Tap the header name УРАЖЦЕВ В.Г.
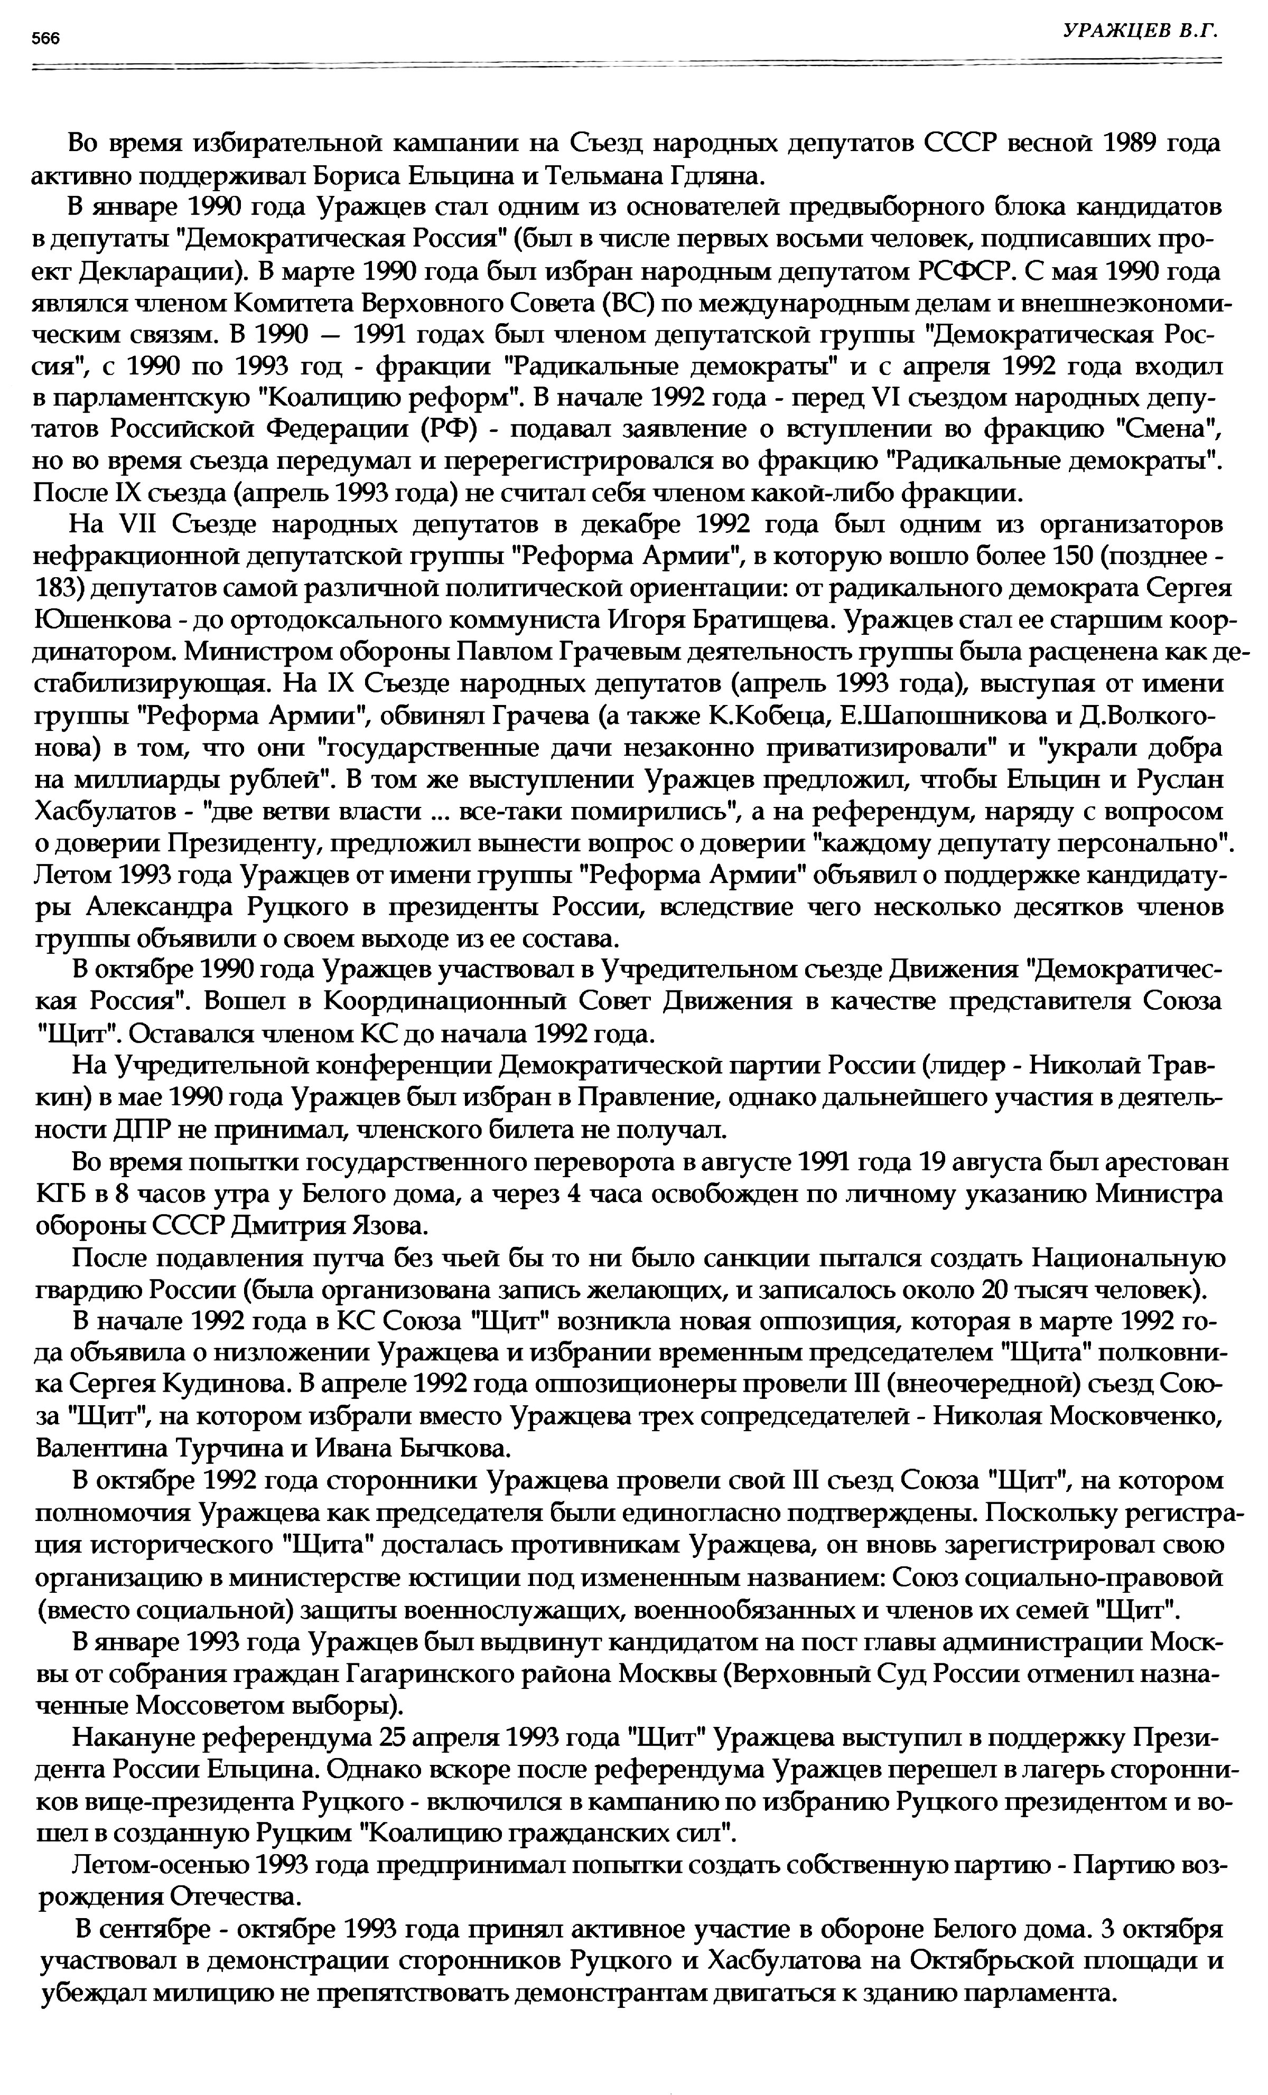(1141, 32)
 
